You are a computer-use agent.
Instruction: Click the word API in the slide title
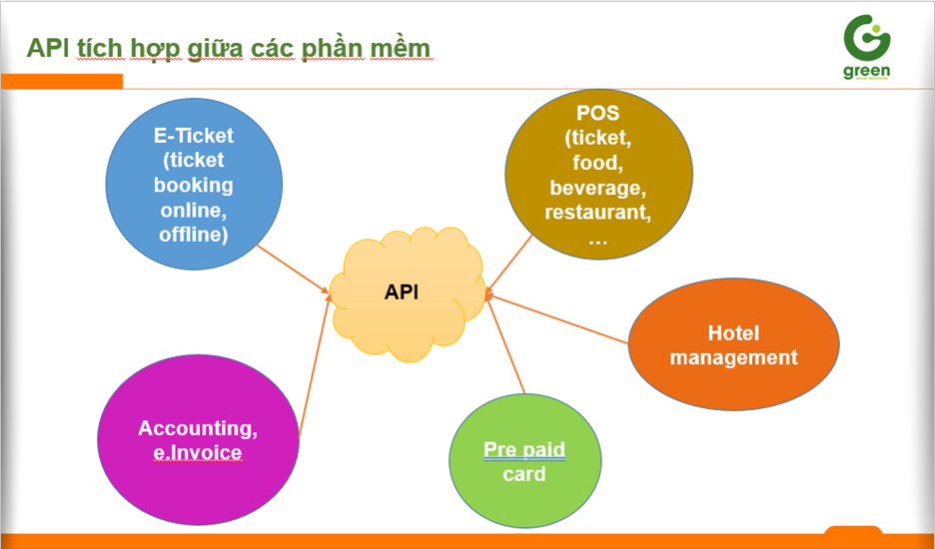pyautogui.click(x=47, y=48)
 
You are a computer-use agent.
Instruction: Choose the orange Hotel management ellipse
pyautogui.click(x=733, y=345)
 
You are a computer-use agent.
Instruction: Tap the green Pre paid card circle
pyautogui.click(x=523, y=461)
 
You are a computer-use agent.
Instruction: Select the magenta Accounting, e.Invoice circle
pyautogui.click(x=198, y=440)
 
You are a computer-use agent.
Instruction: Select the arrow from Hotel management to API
pyautogui.click(x=559, y=319)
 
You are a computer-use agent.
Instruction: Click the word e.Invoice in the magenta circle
pyautogui.click(x=198, y=453)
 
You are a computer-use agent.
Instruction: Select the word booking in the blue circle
pyautogui.click(x=193, y=185)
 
